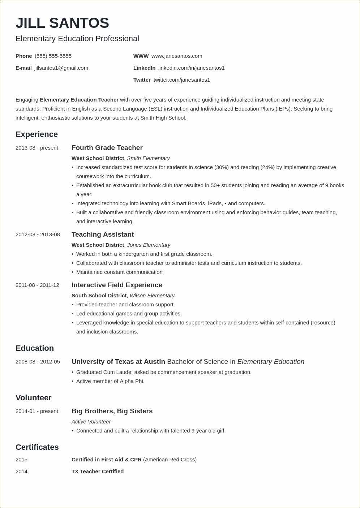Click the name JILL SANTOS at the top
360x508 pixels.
[x=62, y=23]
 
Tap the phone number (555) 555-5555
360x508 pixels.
[x=53, y=56]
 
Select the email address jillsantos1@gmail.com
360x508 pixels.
[x=61, y=68]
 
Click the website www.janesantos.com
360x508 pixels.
[x=177, y=56]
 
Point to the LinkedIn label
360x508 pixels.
[x=144, y=68]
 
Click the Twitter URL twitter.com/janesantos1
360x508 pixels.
[x=181, y=80]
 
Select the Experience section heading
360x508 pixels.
[x=37, y=134]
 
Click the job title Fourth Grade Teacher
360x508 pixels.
[x=107, y=148]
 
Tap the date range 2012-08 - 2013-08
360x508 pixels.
[x=38, y=234]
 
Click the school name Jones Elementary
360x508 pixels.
[x=149, y=245]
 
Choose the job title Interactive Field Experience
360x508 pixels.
[x=117, y=285]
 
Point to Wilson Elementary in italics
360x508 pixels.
[x=152, y=296]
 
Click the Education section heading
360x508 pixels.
[x=35, y=348]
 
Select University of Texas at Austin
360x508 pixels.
[x=118, y=362]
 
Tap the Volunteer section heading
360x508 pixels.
[x=33, y=398]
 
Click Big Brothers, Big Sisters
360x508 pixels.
[x=112, y=411]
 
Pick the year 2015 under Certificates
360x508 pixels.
[x=21, y=460]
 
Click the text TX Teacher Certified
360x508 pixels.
[x=98, y=472]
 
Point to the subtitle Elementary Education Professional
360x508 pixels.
[x=77, y=39]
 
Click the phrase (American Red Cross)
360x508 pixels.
[x=170, y=460]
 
